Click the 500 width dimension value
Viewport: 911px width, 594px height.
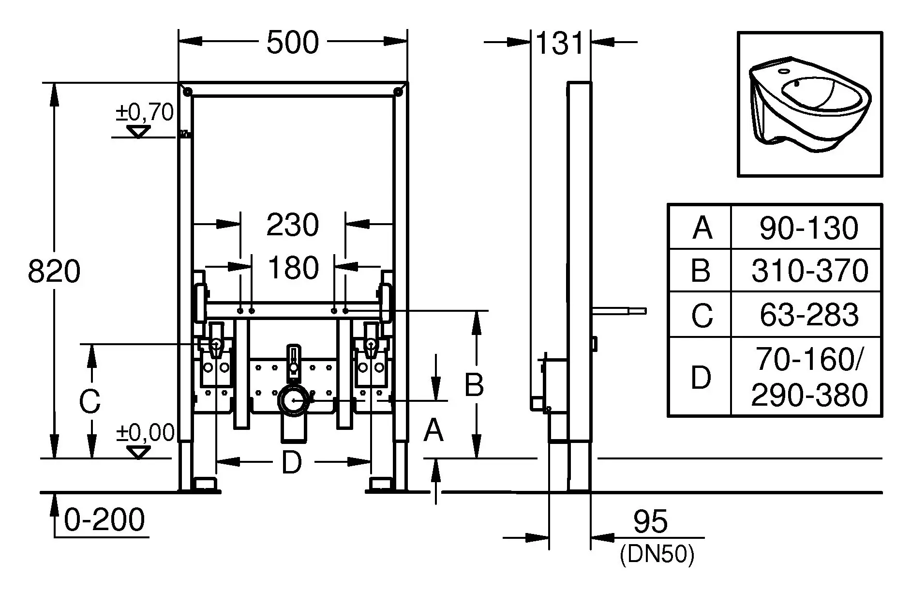point(293,42)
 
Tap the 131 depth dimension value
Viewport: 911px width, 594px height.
point(560,43)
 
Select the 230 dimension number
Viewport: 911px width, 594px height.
point(293,225)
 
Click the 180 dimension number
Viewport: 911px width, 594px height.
point(293,267)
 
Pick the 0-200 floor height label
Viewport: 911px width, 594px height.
point(105,520)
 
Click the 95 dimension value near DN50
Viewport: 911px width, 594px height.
point(650,522)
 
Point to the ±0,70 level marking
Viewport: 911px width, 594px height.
point(144,112)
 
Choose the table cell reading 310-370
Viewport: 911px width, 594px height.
point(809,270)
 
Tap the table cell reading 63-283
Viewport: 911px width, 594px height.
point(809,314)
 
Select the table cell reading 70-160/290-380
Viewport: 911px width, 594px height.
point(809,377)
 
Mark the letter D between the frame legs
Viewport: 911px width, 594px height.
point(292,462)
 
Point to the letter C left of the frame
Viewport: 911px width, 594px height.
point(90,401)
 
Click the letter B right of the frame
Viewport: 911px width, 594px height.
point(474,385)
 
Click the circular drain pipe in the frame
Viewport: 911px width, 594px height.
point(293,400)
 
